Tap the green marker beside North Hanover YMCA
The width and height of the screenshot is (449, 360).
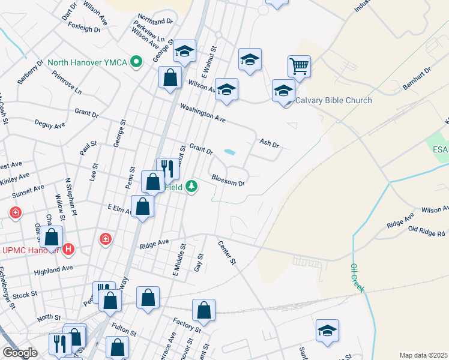137,61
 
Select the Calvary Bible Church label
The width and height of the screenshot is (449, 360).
334,100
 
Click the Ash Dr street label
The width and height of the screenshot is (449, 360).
270,143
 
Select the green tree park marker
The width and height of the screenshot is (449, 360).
191,187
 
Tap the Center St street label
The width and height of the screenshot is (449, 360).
228,253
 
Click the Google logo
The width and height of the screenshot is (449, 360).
20,353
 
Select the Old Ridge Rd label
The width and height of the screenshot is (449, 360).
426,231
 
